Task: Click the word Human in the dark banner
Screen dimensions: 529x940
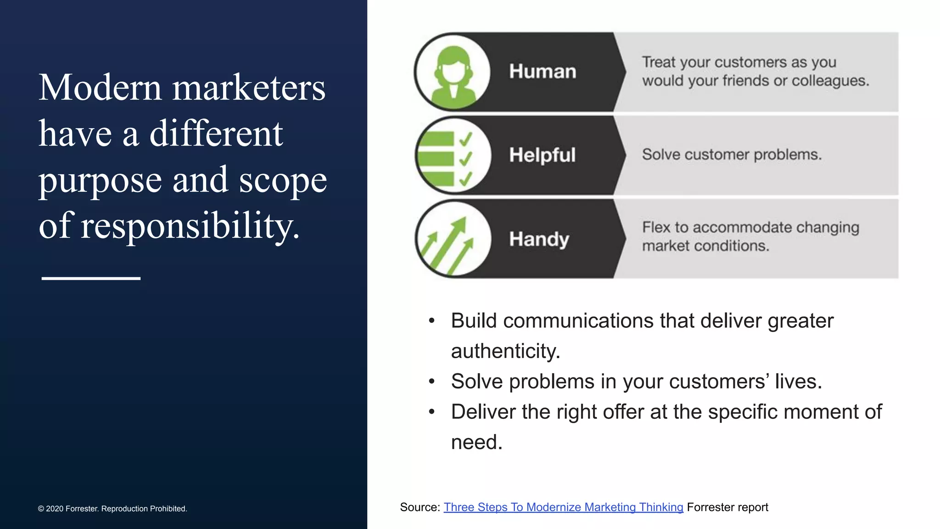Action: point(542,72)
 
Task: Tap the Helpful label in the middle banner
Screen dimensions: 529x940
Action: point(542,155)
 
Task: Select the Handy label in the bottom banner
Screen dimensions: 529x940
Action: point(539,239)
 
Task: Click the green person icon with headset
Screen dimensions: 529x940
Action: point(453,73)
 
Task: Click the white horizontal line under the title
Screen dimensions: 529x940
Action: point(91,278)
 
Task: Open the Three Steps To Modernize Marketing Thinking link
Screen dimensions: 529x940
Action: point(563,507)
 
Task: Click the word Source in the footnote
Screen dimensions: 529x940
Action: point(419,507)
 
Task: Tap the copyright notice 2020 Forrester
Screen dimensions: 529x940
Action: point(112,509)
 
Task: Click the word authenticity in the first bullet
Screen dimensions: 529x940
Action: point(505,351)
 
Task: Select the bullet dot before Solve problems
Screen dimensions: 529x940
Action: point(431,382)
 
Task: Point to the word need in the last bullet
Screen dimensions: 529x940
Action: point(476,442)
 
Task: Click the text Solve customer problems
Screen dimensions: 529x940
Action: point(732,155)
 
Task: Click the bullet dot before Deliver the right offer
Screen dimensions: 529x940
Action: point(431,412)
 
